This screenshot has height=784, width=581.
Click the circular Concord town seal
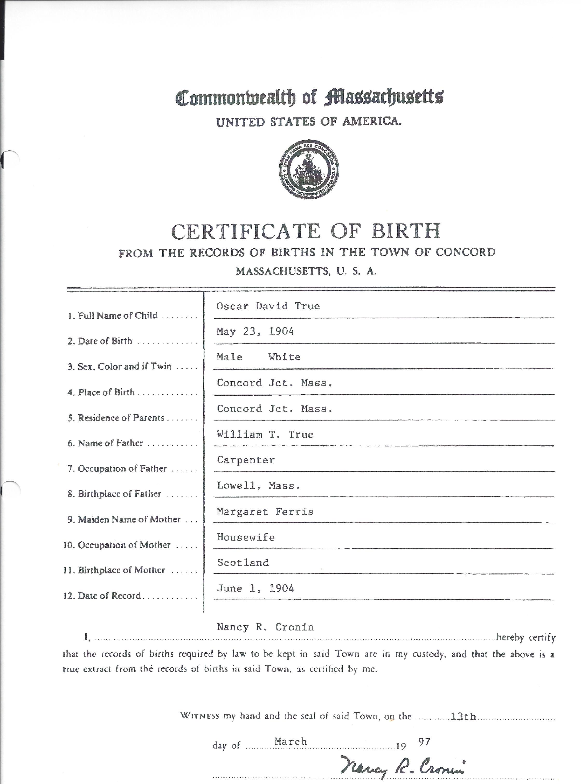[x=309, y=169]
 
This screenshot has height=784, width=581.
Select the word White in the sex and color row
[x=284, y=357]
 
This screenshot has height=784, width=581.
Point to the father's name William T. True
[x=265, y=435]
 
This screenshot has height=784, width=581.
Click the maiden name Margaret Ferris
[x=265, y=512]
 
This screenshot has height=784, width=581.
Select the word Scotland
[x=243, y=563]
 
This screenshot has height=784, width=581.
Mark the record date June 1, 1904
[x=255, y=589]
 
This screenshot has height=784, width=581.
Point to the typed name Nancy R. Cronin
[x=265, y=627]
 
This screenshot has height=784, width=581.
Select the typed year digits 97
[x=424, y=741]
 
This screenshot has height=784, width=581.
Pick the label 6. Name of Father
[x=105, y=443]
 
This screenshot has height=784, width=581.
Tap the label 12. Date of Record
[x=102, y=596]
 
